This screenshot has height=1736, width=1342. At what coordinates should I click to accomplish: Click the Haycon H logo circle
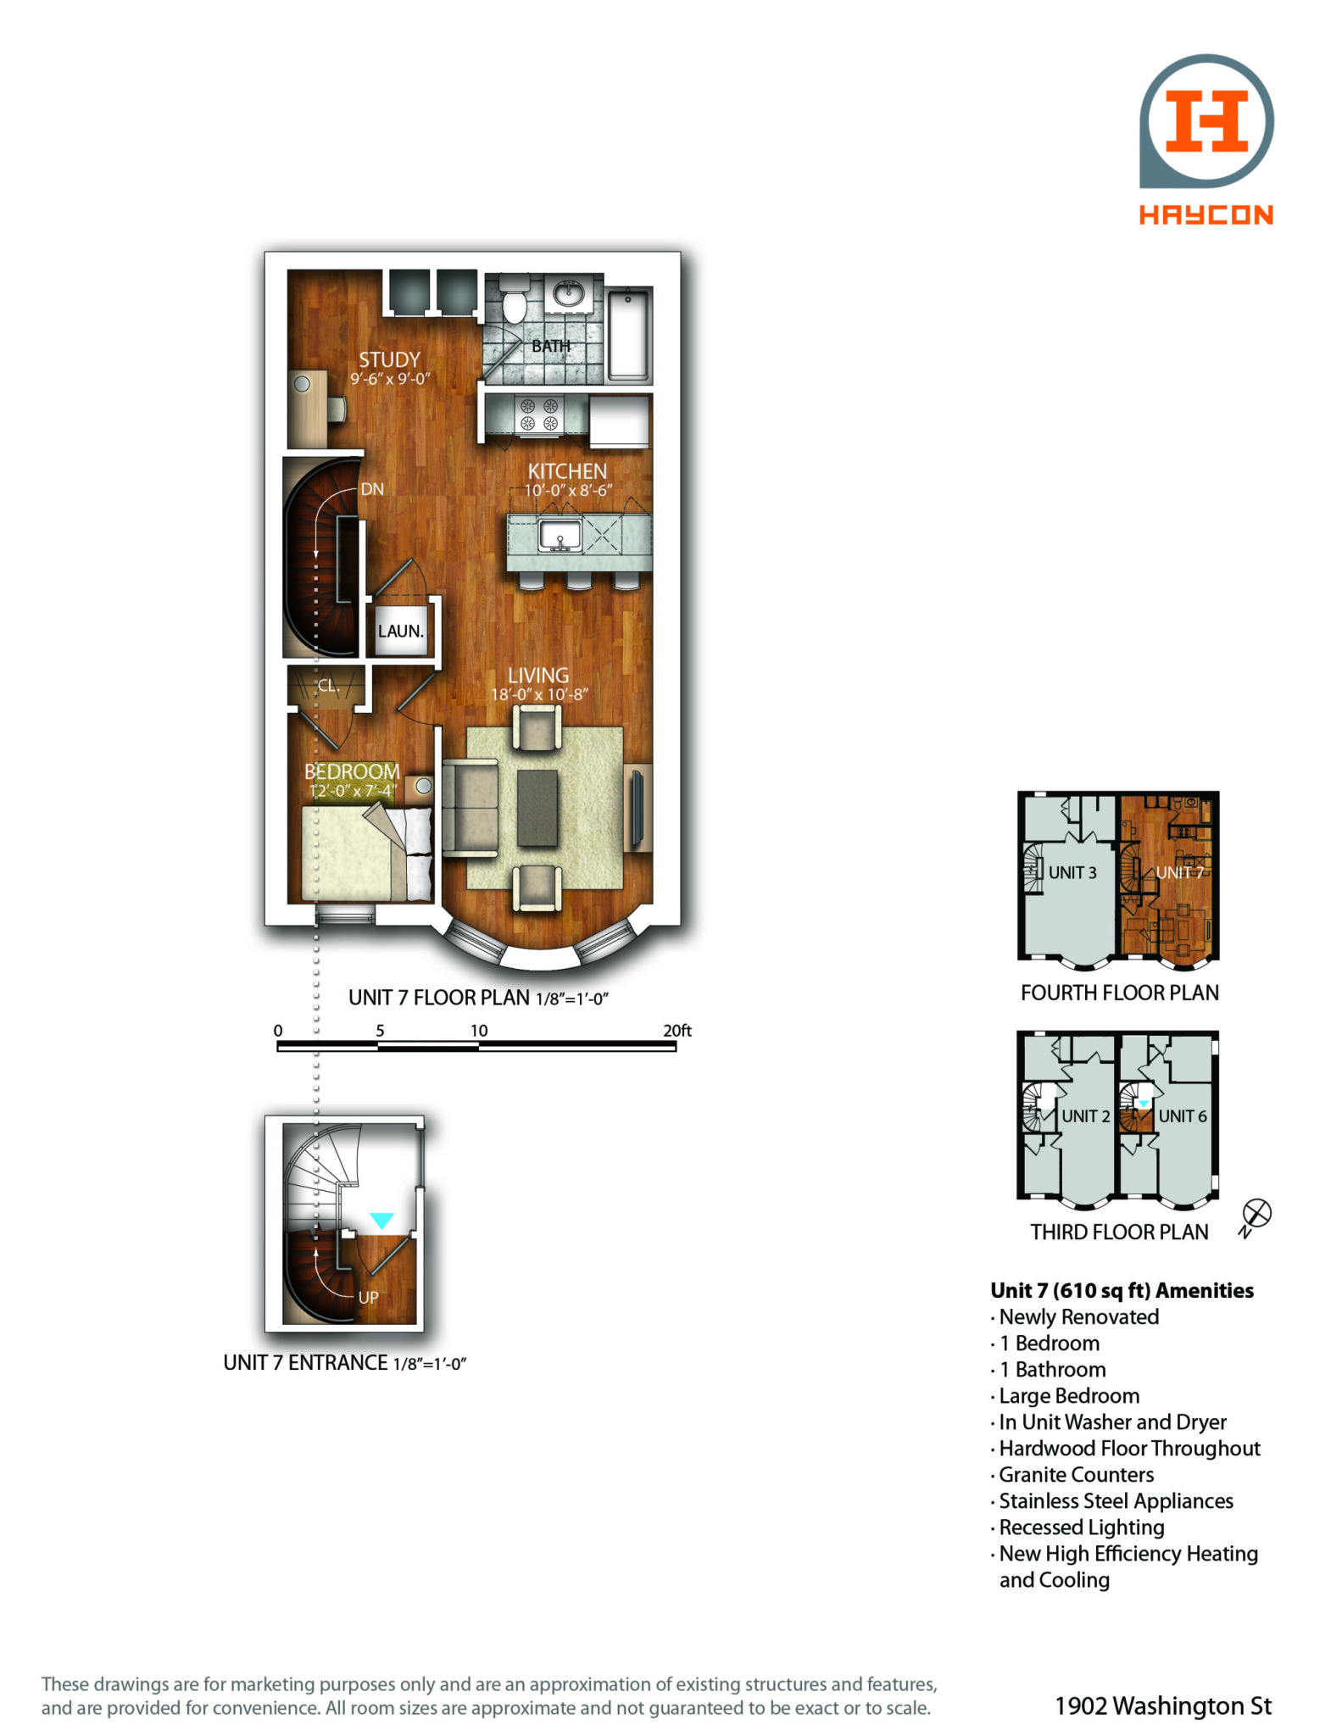click(1206, 120)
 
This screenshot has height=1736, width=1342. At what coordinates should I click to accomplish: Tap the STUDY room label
click(389, 359)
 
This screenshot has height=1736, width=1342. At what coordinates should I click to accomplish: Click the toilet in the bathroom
click(514, 299)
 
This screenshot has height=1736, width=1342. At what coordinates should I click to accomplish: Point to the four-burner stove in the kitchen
click(539, 415)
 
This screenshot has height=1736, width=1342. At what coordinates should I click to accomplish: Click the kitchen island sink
click(560, 536)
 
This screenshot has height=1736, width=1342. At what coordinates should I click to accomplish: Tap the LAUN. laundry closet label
click(400, 632)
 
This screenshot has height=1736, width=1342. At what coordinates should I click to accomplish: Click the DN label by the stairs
click(372, 489)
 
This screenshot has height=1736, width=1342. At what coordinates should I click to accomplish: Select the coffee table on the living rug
click(537, 807)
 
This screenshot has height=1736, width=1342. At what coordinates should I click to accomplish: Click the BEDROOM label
click(352, 772)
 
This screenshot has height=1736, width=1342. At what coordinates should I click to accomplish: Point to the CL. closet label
click(328, 685)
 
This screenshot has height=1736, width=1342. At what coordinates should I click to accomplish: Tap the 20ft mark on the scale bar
click(677, 1031)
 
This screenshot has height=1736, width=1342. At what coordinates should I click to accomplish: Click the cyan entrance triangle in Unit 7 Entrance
click(382, 1221)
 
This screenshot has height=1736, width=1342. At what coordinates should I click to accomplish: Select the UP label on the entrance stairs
click(369, 1297)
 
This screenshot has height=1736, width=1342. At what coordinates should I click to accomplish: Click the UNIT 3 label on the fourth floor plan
click(1072, 872)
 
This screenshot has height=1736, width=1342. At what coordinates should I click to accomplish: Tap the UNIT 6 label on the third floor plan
click(1183, 1116)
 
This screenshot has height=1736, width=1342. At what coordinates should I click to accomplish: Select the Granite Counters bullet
click(1072, 1475)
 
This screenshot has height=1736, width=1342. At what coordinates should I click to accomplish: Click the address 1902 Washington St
click(1163, 1705)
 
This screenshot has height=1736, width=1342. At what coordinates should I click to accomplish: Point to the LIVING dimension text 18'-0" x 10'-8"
click(539, 694)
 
